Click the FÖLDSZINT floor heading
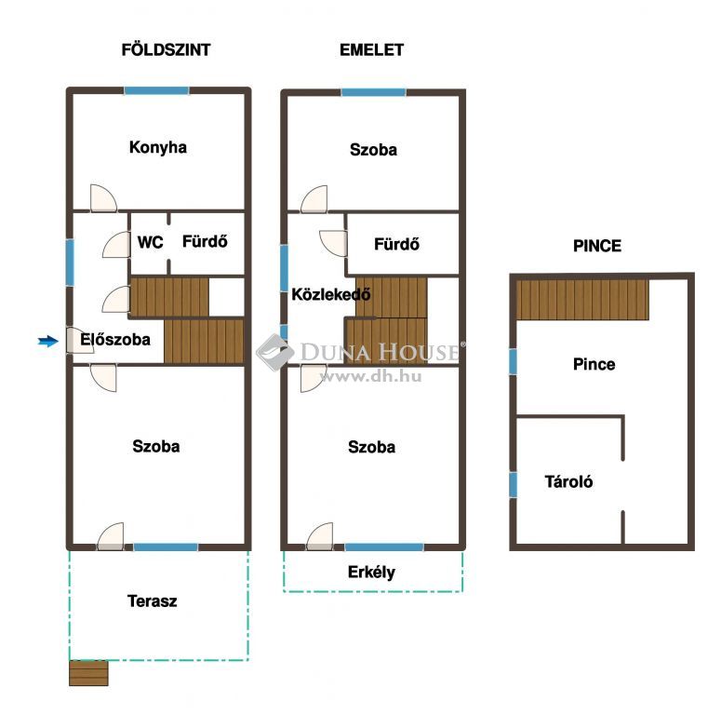166,49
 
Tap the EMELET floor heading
371,49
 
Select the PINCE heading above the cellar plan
597,246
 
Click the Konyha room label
158,147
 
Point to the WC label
151,242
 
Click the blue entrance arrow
47,341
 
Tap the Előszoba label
115,339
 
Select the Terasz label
153,600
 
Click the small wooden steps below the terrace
88,673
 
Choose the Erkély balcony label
371,572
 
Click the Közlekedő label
331,294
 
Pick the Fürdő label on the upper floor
396,244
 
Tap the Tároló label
568,481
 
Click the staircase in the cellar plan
582,300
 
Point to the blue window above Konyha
156,90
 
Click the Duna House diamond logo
275,352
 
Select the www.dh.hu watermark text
370,377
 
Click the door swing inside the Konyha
103,198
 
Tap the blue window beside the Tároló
513,484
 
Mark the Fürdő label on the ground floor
205,241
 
